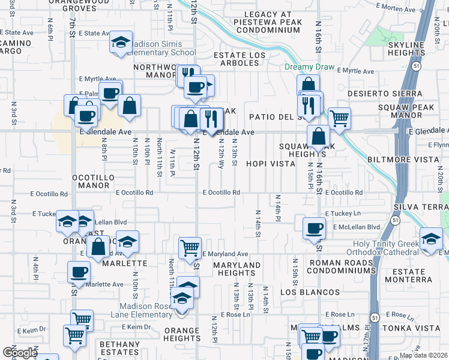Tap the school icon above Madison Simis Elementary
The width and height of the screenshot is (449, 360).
121,43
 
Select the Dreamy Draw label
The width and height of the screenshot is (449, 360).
307,67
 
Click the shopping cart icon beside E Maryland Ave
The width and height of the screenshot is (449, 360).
190,247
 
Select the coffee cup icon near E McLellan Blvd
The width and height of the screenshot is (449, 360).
314,229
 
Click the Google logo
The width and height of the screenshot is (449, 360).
20,353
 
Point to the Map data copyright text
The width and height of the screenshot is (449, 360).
423,355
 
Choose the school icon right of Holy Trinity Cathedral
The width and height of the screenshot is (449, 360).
430,239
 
